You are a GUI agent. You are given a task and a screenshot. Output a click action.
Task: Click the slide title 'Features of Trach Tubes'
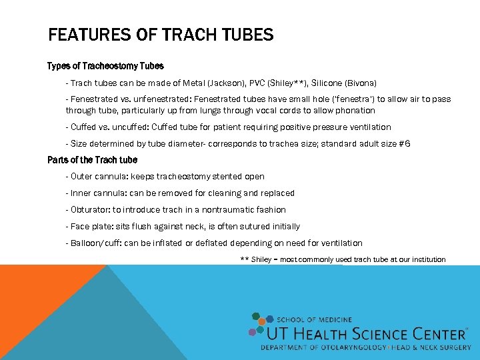tap(161, 35)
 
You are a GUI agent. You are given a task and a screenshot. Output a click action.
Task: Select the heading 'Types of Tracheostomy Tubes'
tap(105, 66)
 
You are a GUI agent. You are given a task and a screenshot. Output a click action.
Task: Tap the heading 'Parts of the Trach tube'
tap(92, 160)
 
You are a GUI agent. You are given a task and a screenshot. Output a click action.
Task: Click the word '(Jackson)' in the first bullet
tap(233, 83)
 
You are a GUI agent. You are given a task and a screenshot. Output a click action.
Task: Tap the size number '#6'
tap(404, 143)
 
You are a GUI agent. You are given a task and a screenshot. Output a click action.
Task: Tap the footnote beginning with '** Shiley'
tap(343, 259)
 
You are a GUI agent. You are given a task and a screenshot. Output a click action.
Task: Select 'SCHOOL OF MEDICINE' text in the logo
tap(314, 320)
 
